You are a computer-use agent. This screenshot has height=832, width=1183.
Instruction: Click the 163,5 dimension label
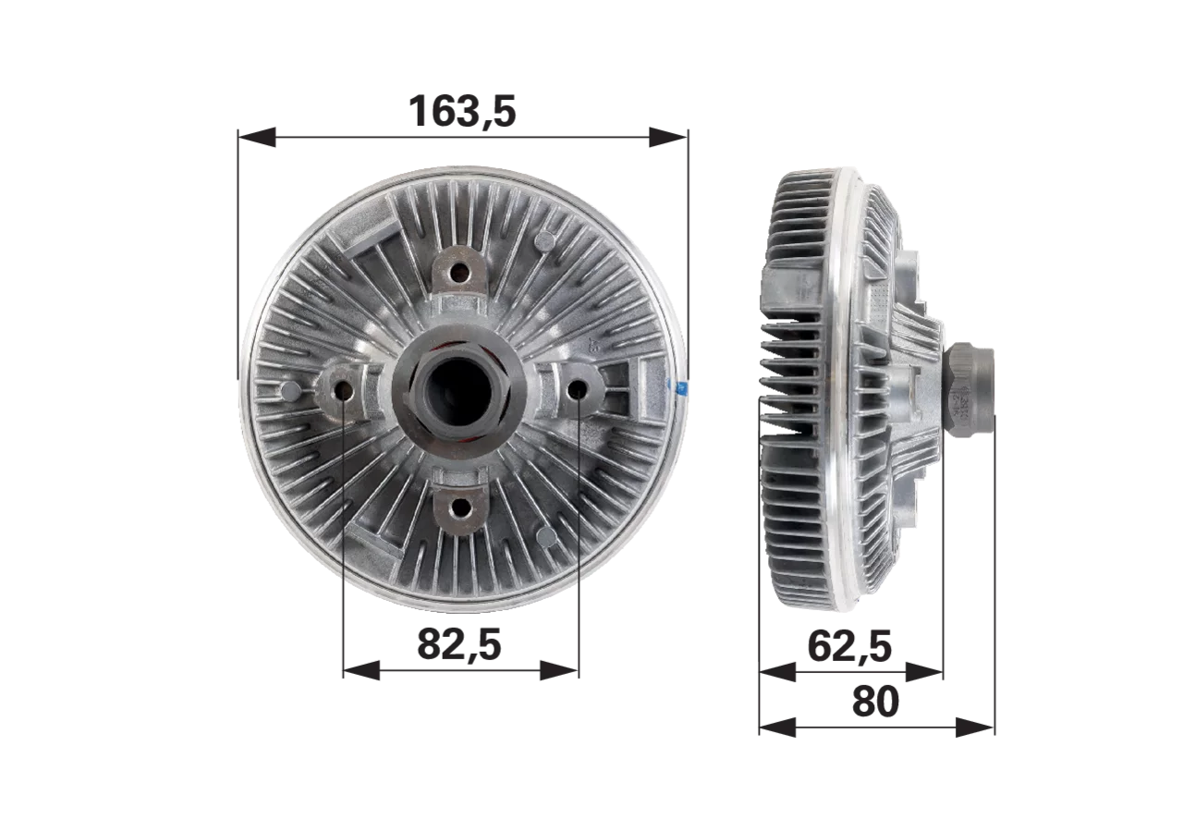462,112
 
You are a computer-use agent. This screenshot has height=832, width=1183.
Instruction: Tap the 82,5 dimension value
459,645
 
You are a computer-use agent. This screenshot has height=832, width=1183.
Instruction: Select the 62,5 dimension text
849,646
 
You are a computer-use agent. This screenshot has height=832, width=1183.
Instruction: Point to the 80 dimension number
875,701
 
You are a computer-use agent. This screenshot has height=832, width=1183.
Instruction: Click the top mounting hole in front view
459,273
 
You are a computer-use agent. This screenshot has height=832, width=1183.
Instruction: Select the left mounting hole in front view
345,391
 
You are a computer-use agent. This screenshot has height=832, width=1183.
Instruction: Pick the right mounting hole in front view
577,390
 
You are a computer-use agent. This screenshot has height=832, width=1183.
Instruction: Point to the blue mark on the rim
678,387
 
